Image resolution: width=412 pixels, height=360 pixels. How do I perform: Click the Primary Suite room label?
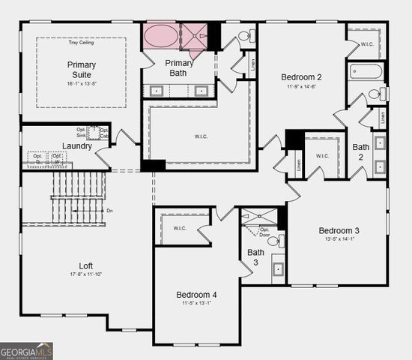tap(82, 70)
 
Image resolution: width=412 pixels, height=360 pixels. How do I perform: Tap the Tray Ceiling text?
tap(82, 42)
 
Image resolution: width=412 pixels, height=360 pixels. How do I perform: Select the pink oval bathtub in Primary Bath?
tap(160, 35)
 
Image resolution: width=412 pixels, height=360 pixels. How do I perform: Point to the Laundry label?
tap(78, 145)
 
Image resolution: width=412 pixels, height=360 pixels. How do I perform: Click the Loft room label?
tap(86, 265)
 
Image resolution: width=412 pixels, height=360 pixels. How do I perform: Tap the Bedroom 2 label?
tap(302, 76)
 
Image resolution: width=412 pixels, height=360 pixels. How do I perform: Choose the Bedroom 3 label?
tap(339, 230)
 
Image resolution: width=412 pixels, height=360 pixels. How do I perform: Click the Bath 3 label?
tap(255, 257)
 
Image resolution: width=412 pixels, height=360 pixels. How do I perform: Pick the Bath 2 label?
tap(361, 152)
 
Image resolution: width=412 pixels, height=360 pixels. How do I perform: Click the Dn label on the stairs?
tap(110, 211)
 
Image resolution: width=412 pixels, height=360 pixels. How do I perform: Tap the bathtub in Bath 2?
tap(366, 72)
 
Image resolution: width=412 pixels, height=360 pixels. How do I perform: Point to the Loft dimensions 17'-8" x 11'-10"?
tap(86, 275)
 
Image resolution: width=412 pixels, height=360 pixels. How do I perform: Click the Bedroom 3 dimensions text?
tap(339, 240)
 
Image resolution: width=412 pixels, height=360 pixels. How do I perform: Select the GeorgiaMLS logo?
tap(26, 350)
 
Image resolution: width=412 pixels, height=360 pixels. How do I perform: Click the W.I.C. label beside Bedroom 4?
tap(180, 228)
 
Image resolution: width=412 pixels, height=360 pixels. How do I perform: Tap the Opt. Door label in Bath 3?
tap(264, 232)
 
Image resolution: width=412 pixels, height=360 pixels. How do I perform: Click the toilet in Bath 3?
tap(276, 241)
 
